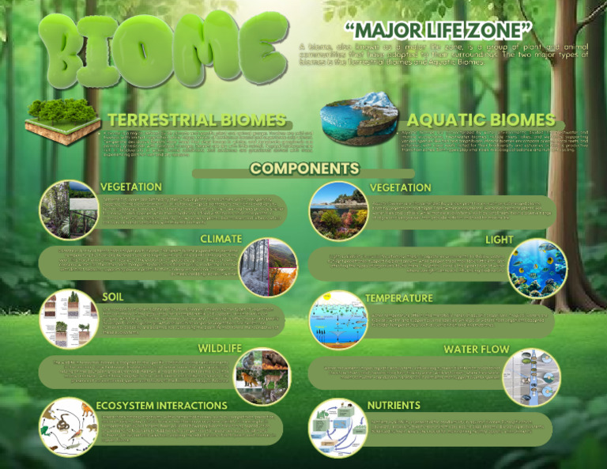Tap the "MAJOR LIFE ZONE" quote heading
439,31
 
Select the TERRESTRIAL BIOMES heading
197,120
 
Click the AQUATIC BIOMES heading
481,120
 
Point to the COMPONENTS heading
304,168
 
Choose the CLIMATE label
221,239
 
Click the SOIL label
112,297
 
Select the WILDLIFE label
219,348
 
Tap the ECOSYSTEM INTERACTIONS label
161,406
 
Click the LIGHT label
499,240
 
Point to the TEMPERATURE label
398,298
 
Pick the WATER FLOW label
476,349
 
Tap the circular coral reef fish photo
537,268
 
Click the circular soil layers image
69,319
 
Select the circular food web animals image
69,427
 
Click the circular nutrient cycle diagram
337,427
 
